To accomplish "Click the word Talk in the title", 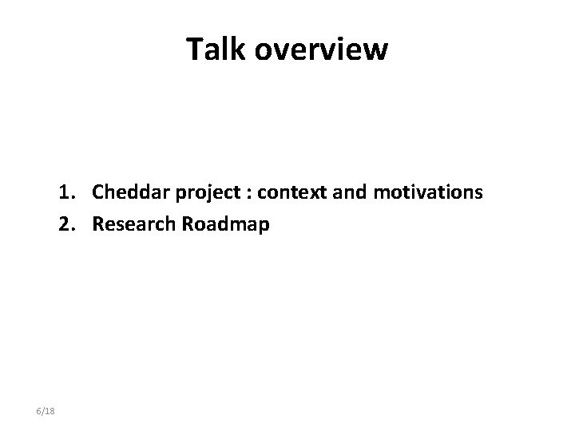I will pos(212,49).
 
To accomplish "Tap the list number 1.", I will pos(65,192).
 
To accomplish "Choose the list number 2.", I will pos(65,224).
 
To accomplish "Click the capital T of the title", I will pos(194,49).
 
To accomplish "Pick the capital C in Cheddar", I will pos(98,192).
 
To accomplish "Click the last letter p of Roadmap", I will pos(264,226).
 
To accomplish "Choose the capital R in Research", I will pos(97,224).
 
